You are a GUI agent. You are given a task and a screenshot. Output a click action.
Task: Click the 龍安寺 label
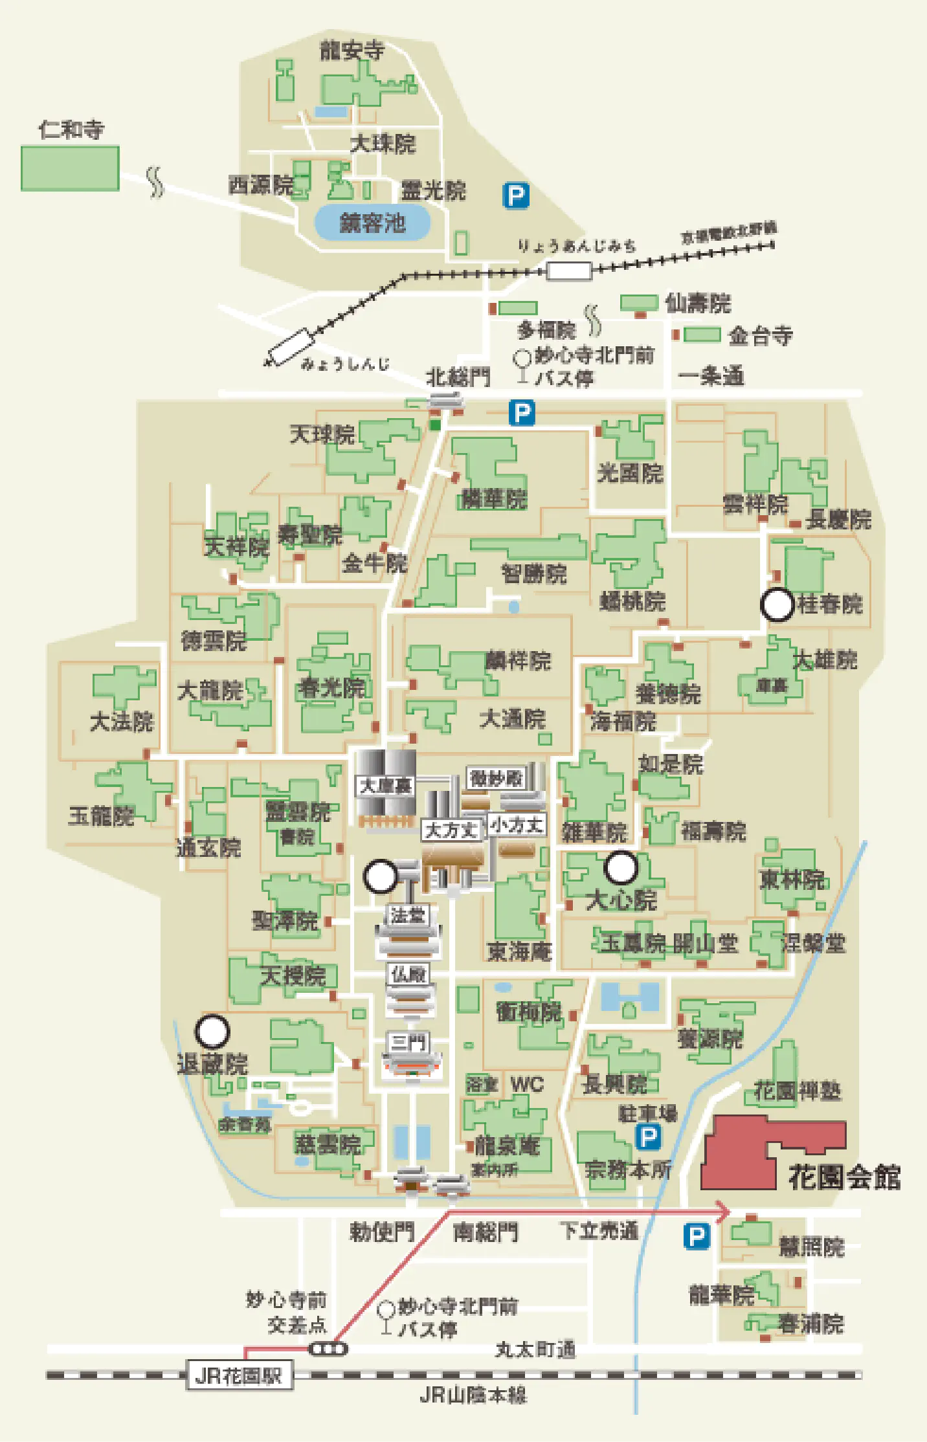coord(352,50)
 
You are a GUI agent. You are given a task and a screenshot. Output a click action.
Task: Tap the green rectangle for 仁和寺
coord(70,168)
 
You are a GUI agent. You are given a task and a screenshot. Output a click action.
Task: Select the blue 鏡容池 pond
coord(372,223)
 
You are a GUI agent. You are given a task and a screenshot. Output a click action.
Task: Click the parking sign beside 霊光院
coord(516,195)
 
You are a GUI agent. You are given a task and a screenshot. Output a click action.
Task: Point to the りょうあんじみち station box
coord(568,271)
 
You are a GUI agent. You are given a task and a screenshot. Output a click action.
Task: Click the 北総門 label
coord(458,377)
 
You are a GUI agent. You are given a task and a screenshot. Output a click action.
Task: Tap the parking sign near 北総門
coord(522,413)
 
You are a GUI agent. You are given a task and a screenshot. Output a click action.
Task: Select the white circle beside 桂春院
coord(777,605)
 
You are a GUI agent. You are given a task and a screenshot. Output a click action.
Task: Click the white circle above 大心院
coord(621,868)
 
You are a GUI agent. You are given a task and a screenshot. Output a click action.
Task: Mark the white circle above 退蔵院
coord(212,1032)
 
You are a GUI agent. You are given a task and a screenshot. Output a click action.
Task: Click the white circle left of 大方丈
coord(381,876)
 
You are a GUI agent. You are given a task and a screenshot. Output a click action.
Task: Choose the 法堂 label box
coord(408,915)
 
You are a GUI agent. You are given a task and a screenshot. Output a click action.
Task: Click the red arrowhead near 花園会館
coord(723,1212)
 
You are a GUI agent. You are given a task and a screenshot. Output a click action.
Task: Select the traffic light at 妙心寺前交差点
coord(328,1349)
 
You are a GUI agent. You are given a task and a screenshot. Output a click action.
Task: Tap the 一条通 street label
coord(711,376)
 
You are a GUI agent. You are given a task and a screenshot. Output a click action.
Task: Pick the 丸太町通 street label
coord(535,1349)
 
